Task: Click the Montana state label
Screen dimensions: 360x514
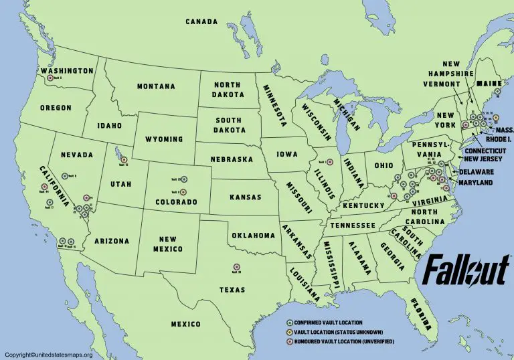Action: coord(156,86)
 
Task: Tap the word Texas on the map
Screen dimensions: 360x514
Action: coord(231,290)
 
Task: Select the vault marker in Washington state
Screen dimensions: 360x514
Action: coord(49,78)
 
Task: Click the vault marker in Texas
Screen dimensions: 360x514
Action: coord(236,268)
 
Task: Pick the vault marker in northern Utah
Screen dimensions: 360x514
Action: coord(124,159)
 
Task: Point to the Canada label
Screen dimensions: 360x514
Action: coord(202,22)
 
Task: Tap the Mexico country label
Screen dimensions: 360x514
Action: coord(185,325)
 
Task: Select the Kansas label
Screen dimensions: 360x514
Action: coord(245,197)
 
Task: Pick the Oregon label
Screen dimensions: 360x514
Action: coord(56,107)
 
